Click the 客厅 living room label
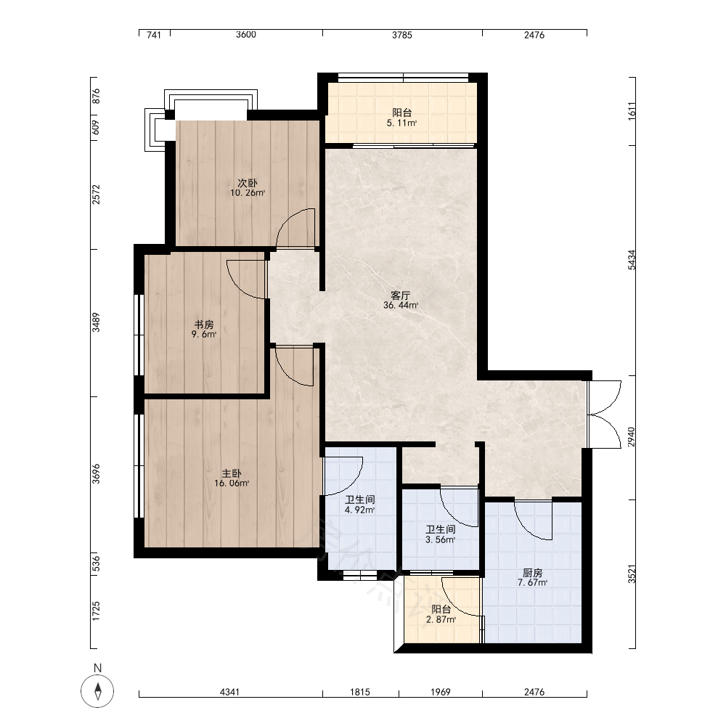point(401,295)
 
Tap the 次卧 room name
point(248,183)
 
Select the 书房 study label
point(204,324)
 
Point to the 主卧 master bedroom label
point(232,473)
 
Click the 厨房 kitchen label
point(532,573)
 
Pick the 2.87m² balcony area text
point(441,619)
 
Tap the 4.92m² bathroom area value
point(360,510)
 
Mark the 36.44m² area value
point(401,306)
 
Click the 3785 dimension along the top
point(402,35)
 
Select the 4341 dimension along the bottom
point(229,692)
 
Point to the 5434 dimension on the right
point(632,260)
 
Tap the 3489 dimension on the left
point(95,322)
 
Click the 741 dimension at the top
point(154,35)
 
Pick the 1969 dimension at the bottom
point(441,692)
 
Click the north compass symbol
point(97,691)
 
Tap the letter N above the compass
point(97,668)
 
